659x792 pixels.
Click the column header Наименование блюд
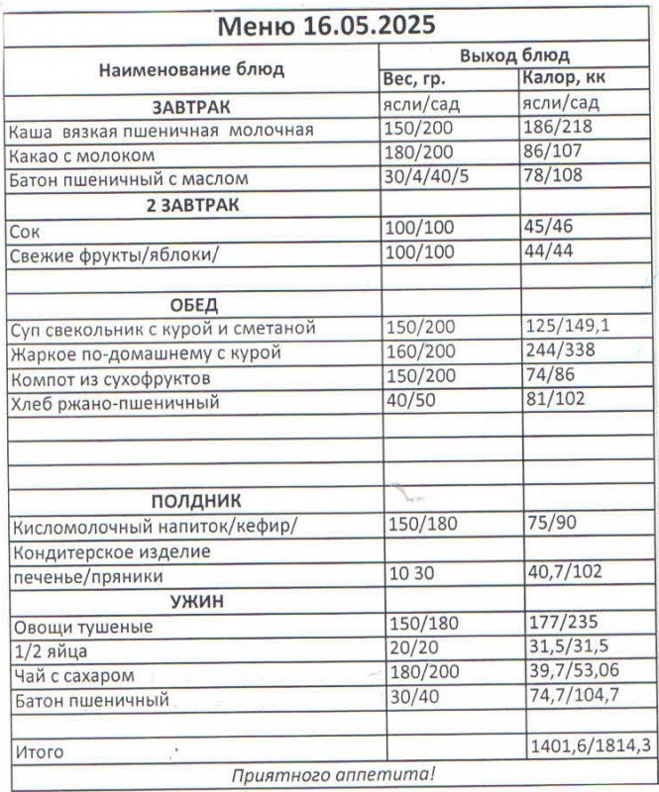pyautogui.click(x=190, y=68)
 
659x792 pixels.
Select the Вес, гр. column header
pyautogui.click(x=415, y=78)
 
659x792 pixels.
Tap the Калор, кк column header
pyautogui.click(x=564, y=78)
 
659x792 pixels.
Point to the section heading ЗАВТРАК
pyautogui.click(x=190, y=105)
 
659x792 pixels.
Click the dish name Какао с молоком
pyautogui.click(x=81, y=155)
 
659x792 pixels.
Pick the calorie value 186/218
pyautogui.click(x=557, y=129)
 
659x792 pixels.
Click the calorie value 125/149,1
pyautogui.click(x=568, y=328)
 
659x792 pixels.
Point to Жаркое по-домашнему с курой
pyautogui.click(x=145, y=353)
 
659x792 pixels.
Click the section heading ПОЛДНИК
pyautogui.click(x=195, y=501)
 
